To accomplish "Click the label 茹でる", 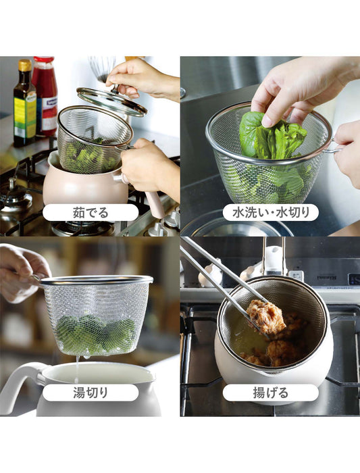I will click(x=91, y=212).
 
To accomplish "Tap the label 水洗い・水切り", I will click(x=271, y=212).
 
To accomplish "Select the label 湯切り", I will click(x=91, y=393).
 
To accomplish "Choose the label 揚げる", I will click(x=271, y=393).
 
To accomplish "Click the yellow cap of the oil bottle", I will click(x=25, y=66).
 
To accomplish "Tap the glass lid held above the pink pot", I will click(x=111, y=101).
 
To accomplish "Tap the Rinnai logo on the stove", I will click(x=353, y=278).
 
